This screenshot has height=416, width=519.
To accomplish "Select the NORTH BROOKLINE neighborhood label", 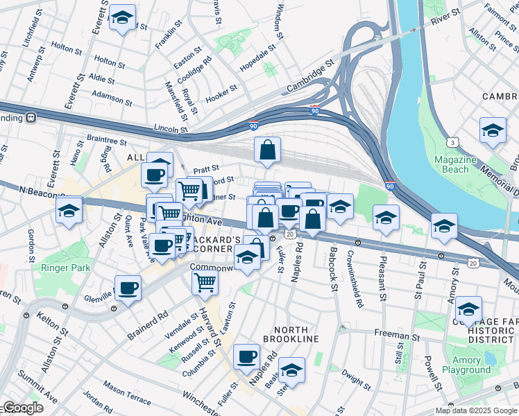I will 286,338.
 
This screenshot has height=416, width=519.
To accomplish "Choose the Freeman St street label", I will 393,334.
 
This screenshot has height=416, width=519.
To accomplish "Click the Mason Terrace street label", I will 127,392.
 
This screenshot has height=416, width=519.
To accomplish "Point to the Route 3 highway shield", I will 453,142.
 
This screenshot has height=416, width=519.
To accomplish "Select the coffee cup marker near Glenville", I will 128,288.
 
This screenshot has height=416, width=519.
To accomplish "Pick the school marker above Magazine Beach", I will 493,131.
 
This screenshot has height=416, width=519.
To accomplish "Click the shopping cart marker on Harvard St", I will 205,281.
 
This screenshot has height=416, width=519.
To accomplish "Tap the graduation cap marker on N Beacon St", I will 69,211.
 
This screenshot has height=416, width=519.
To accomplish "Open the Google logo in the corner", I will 22,408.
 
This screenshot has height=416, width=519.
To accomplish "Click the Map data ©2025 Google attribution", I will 475,410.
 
